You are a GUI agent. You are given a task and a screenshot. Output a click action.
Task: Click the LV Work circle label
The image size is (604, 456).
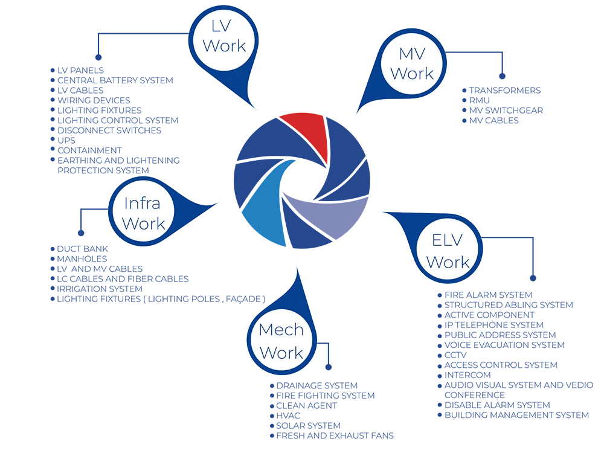pos(224,37)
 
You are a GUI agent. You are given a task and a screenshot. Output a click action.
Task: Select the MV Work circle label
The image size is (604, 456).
pos(412,64)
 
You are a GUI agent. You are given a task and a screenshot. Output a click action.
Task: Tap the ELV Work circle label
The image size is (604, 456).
pos(448,251)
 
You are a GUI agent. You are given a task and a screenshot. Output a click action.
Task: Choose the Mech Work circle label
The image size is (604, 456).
pos(281,341)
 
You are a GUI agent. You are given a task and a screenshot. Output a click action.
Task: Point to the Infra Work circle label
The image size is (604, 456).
pos(143,213)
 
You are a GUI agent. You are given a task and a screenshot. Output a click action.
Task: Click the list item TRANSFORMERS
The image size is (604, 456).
pos(504,91)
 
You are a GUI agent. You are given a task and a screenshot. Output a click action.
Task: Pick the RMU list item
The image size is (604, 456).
pos(479,100)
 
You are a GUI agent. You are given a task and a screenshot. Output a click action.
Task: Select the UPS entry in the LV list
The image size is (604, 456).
pos(66,141)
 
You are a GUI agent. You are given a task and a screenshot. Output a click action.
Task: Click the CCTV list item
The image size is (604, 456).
pos(455,355)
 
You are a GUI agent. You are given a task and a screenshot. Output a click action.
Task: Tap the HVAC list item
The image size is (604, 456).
pos(288,416)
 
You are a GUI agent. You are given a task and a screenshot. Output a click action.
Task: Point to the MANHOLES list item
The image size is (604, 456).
pos(82,259)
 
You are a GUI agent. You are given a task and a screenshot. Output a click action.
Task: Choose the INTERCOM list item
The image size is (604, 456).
pos(467,375)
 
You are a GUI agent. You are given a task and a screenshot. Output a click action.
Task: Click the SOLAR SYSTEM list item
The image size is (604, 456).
pos(308,426)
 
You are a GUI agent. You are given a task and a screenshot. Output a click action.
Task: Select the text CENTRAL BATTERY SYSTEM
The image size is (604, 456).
pos(115,80)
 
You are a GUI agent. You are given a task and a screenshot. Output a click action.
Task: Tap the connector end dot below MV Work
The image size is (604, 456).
pos(502,76)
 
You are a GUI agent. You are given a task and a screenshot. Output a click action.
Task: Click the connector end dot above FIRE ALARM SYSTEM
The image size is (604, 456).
pos(533,278)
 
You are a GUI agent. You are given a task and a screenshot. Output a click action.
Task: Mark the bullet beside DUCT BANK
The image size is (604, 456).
pos(53,249)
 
